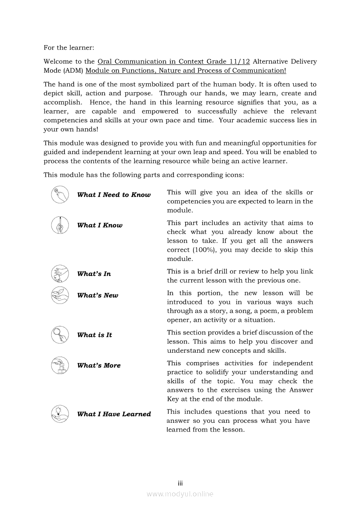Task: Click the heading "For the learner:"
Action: pyautogui.click(x=69, y=47)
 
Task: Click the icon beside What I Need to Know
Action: pyautogui.click(x=60, y=195)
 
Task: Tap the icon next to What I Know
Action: pyautogui.click(x=60, y=225)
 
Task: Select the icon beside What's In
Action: pyautogui.click(x=60, y=274)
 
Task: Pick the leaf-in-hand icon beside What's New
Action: pyautogui.click(x=60, y=295)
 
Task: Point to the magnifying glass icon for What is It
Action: pyautogui.click(x=60, y=335)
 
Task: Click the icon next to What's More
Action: pyautogui.click(x=60, y=365)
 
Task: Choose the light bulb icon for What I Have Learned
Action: pyautogui.click(x=60, y=414)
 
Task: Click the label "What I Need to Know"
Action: pyautogui.click(x=114, y=195)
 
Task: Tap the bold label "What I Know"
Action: pyautogui.click(x=100, y=226)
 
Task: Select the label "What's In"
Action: pyautogui.click(x=94, y=274)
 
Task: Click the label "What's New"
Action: pyautogui.click(x=98, y=296)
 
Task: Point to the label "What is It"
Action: pyautogui.click(x=95, y=335)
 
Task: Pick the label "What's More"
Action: pyautogui.click(x=99, y=366)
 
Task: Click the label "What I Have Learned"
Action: pyautogui.click(x=114, y=414)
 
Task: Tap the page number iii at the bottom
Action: pyautogui.click(x=180, y=483)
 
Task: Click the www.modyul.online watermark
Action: pyautogui.click(x=180, y=494)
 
